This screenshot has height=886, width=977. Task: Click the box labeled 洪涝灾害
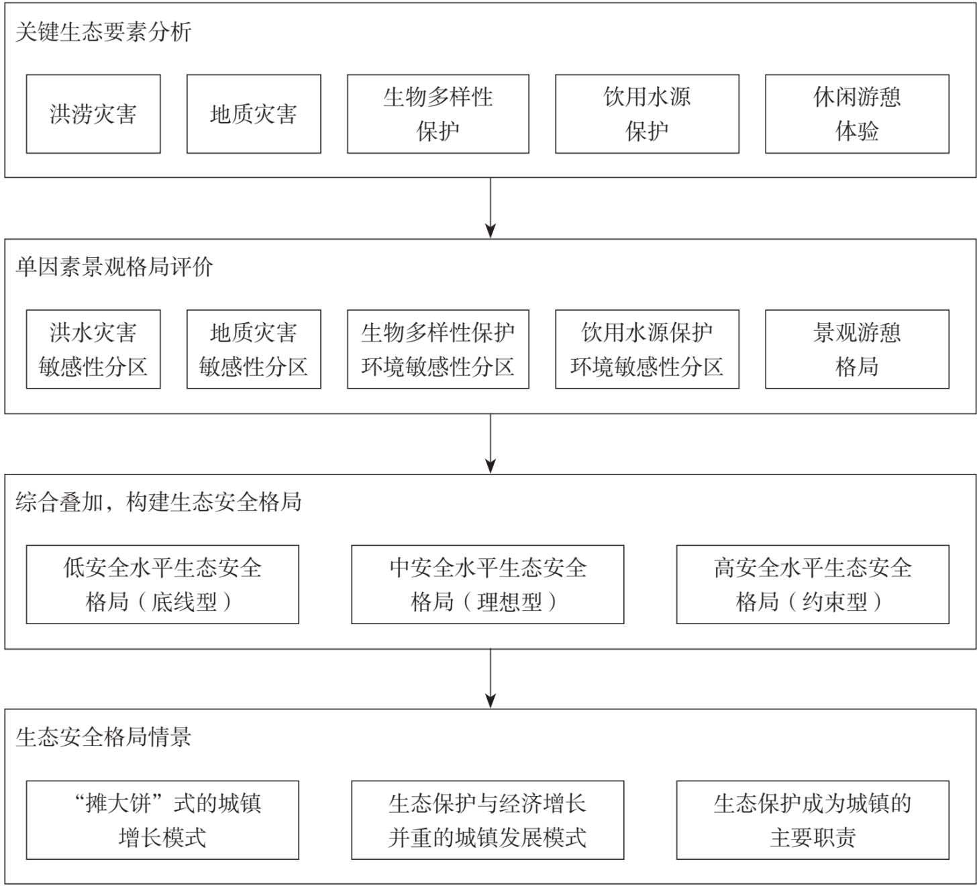[93, 114]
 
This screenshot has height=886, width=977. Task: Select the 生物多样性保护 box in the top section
[438, 114]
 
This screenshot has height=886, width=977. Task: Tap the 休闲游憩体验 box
[857, 114]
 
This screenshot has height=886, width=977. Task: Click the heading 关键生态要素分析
[104, 33]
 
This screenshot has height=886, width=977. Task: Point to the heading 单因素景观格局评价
[115, 267]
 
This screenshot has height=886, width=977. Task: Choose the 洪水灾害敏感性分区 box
[93, 350]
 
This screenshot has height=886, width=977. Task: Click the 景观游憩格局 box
[857, 350]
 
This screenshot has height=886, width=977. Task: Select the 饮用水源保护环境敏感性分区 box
[647, 350]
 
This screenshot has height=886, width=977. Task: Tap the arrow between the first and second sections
[491, 207]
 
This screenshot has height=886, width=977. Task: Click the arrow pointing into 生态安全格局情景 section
[491, 679]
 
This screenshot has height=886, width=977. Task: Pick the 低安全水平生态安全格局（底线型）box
[162, 585]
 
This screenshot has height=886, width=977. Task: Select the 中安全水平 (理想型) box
[488, 585]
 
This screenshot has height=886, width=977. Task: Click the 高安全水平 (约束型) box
[813, 585]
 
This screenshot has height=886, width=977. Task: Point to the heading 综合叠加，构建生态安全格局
[158, 502]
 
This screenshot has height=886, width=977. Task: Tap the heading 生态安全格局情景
[103, 738]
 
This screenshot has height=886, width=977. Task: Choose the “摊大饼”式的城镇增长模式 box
[162, 820]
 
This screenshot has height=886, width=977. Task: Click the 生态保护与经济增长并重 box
[488, 820]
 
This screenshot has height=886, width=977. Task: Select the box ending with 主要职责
[813, 820]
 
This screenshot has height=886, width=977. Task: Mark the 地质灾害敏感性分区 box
[254, 350]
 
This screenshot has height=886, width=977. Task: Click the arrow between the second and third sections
[491, 444]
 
